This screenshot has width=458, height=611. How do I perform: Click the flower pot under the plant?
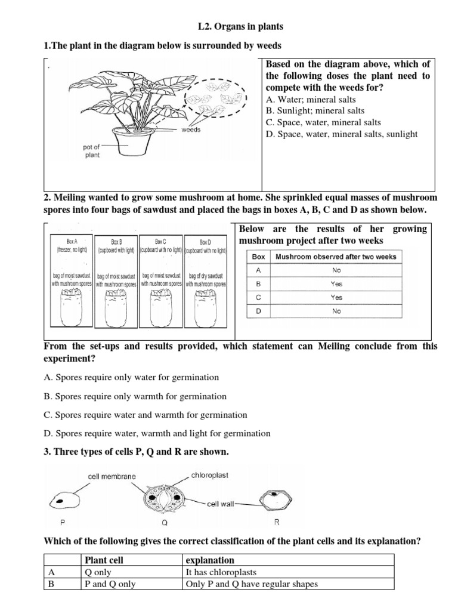click(x=129, y=144)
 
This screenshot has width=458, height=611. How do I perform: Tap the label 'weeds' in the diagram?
click(x=191, y=129)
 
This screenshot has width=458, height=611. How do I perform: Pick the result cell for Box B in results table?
click(x=337, y=283)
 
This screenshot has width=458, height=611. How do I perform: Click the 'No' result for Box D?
click(x=337, y=311)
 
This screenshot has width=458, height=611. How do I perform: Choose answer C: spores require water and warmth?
click(x=146, y=415)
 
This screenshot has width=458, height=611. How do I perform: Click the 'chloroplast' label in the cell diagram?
click(x=209, y=476)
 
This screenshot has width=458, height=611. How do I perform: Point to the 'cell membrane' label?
click(x=112, y=476)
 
